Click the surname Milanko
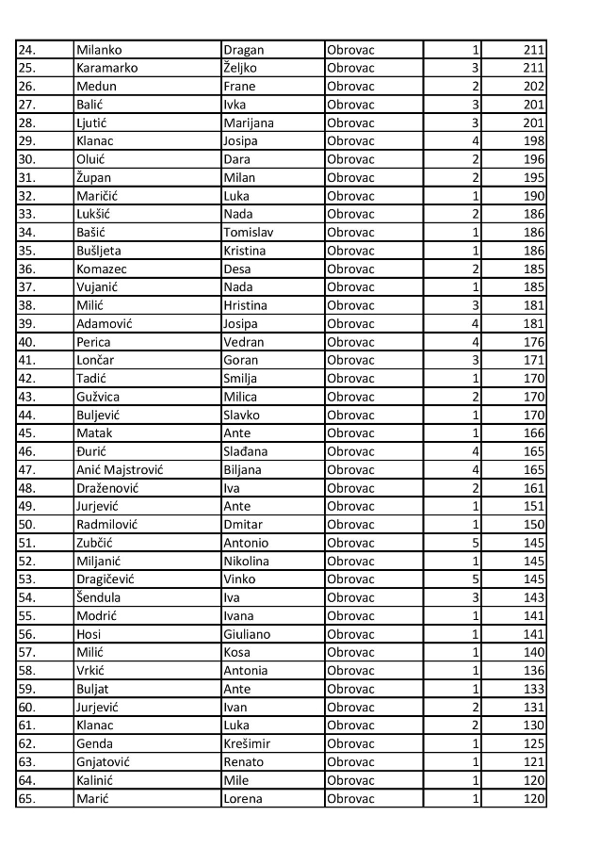[99, 50]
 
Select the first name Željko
[243, 68]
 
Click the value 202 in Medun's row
[532, 87]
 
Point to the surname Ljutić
[94, 122]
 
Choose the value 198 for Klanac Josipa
[532, 141]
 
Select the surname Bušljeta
[99, 251]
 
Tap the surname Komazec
[102, 269]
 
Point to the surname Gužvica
[98, 397]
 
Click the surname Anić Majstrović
[120, 469]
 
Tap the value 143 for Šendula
[532, 597]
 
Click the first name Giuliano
[247, 634]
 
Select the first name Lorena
[242, 799]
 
